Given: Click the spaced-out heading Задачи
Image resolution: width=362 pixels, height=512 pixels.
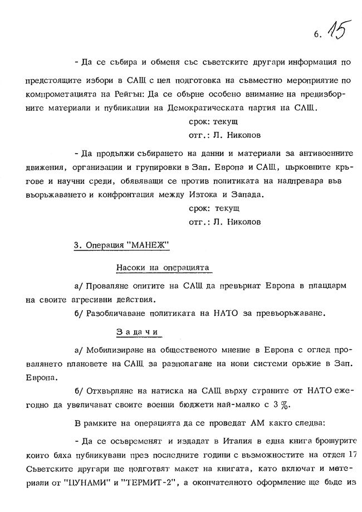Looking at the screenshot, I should pos(138,331).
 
